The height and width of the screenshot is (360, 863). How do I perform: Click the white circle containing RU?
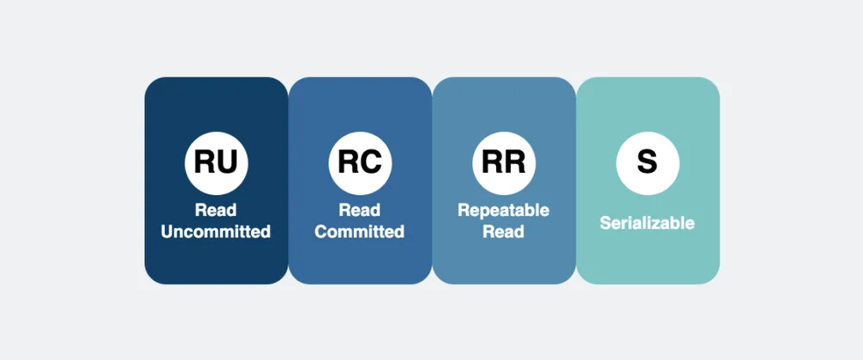pos(217,163)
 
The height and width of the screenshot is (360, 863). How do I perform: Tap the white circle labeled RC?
pos(360,163)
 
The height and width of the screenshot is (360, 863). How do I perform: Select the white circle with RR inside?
pos(504,163)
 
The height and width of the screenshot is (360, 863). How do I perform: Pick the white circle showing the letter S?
pos(647,163)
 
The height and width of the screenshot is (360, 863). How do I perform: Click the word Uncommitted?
pos(216,231)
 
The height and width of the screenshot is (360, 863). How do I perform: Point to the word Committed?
pos(359,231)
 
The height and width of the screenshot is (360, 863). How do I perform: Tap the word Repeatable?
pos(504,211)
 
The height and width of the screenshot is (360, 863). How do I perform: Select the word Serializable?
pos(647,223)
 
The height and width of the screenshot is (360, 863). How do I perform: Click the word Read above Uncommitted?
pos(216,211)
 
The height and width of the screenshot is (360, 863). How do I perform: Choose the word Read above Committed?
pos(359,211)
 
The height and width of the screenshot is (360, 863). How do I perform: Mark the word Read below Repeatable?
pos(504,231)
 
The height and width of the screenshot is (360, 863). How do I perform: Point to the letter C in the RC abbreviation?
pos(371,162)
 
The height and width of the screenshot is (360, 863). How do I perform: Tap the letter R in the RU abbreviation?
pos(205,162)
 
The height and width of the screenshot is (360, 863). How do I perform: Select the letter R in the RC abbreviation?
pos(349,162)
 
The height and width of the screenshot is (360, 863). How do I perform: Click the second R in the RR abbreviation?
pos(515,162)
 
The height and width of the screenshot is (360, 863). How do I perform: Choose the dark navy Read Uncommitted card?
pos(217,180)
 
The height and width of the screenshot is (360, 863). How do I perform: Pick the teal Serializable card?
pos(648,180)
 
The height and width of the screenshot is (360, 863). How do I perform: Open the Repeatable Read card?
pos(504,180)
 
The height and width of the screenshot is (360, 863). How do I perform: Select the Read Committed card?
pos(360,180)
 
